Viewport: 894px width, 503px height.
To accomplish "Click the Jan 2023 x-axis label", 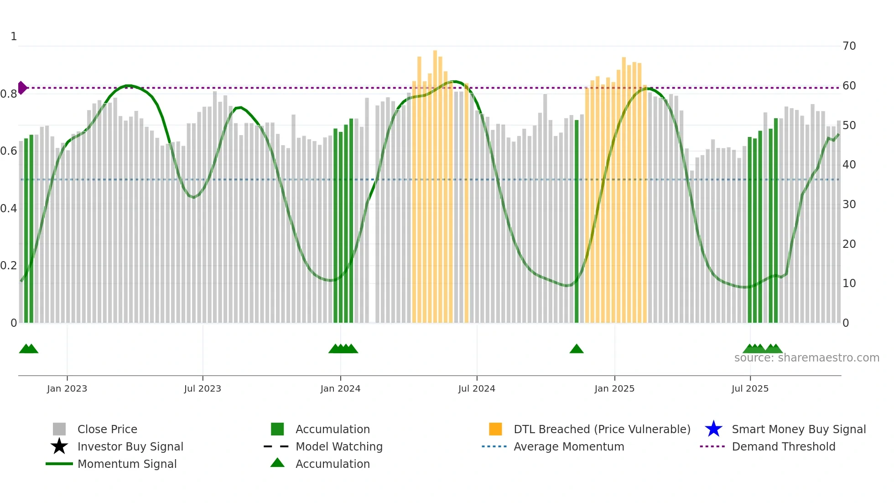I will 67,388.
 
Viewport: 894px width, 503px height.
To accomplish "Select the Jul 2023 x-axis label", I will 203,388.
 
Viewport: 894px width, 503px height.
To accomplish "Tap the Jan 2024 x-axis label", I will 340,388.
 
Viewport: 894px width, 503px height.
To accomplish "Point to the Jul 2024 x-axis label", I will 477,388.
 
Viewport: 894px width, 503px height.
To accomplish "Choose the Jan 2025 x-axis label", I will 614,388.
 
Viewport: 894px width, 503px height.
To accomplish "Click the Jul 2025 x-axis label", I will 750,388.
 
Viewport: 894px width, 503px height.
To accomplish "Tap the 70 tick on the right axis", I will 849,46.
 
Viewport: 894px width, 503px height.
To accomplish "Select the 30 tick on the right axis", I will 849,204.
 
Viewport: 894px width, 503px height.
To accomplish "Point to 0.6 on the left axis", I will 9,151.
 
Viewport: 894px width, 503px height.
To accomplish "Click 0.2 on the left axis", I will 9,266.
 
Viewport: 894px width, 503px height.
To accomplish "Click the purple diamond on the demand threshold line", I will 22,88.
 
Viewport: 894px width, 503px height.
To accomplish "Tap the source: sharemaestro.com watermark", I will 806,358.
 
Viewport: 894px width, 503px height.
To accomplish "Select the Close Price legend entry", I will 107,429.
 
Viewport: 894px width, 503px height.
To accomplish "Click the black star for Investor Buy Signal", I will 59,446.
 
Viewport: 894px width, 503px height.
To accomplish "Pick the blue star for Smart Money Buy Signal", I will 713,429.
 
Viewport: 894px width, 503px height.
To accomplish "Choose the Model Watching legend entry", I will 338,446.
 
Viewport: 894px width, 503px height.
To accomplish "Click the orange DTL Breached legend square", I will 495,429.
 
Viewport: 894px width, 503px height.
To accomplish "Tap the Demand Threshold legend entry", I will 783,446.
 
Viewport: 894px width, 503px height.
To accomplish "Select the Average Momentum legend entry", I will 568,446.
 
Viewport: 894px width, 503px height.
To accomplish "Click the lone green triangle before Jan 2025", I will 577,349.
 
